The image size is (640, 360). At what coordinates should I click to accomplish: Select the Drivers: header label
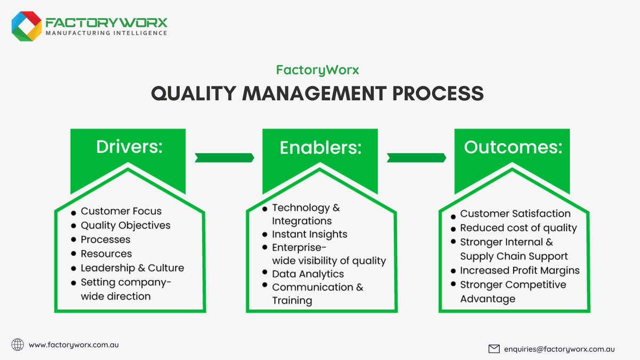pos(129,147)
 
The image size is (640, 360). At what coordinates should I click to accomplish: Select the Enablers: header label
pos(320,148)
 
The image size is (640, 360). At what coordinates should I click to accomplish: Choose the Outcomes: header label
pos(513,147)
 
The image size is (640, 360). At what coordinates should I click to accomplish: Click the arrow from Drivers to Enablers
pos(224,157)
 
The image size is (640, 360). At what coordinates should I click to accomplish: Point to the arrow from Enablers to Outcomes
pos(417,157)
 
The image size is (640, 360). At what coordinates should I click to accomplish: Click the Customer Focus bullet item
pos(121,211)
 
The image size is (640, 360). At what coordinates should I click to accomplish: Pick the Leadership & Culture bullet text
pos(132,268)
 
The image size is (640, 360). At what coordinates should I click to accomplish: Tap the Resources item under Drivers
pos(106,254)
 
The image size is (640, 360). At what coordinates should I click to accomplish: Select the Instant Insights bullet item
pos(309,234)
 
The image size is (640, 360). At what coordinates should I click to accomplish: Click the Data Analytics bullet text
pos(308,274)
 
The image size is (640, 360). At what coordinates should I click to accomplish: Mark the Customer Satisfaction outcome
pos(515,213)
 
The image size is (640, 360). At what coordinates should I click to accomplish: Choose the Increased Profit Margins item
pos(519,270)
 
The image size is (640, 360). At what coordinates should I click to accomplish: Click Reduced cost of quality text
pos(518,228)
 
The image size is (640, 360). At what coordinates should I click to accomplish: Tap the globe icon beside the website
pos(18,345)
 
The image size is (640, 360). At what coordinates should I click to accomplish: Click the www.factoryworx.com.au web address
pos(74,345)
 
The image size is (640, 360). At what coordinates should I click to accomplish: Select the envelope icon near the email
pos(494,349)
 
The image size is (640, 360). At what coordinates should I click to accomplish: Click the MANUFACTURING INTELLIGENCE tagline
pos(107,33)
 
